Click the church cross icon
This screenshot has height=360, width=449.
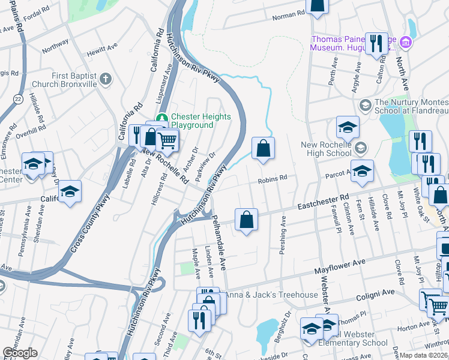[106, 79]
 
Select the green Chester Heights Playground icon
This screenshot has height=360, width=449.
[161, 118]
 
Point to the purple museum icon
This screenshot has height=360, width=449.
[405, 43]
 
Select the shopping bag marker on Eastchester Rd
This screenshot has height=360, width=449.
[246, 220]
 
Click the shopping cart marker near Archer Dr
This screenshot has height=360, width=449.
[167, 141]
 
